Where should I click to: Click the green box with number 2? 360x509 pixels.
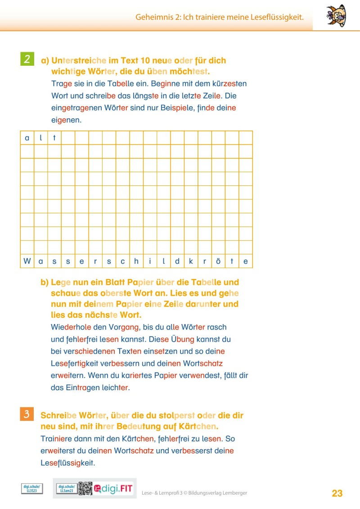coord(27,59)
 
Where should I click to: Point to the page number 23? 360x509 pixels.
coord(337,493)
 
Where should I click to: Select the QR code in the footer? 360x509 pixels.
coord(85,488)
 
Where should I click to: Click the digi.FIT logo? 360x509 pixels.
coord(114,489)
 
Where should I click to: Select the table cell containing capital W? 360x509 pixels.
coord(27,261)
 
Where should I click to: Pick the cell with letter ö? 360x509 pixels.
coord(218,261)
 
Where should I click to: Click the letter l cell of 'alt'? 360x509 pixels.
coord(41,138)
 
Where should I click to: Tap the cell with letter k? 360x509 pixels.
coord(191,261)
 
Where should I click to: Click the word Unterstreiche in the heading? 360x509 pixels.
coord(79,60)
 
